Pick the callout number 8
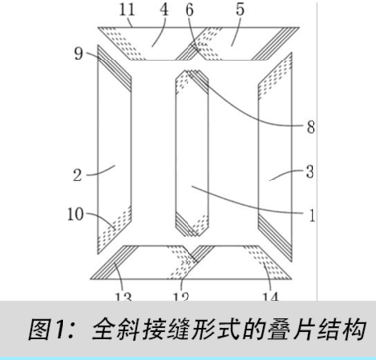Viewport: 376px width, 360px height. click(311, 127)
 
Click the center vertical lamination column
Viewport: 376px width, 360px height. click(190, 149)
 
